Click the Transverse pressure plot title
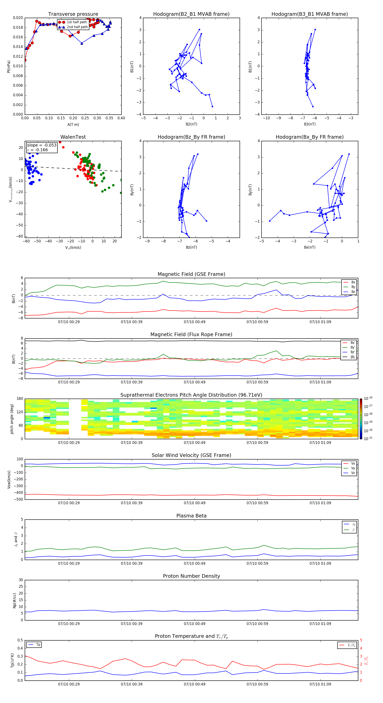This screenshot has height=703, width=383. [73, 14]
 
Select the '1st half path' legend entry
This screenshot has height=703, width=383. [77, 22]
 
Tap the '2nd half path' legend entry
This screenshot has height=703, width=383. [77, 27]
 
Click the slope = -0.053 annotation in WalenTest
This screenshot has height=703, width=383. [42, 145]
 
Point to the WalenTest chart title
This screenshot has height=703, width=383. [73, 137]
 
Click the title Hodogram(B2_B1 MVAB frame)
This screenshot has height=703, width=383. [191, 14]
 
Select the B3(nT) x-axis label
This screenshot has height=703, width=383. [310, 124]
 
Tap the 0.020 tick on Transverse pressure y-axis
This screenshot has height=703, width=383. [18, 18]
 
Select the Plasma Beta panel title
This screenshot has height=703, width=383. [191, 516]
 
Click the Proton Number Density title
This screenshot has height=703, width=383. [191, 576]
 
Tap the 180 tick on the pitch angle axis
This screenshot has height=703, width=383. [20, 399]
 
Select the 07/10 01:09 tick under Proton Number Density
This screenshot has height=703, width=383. [320, 624]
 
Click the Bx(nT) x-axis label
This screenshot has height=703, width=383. [310, 247]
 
